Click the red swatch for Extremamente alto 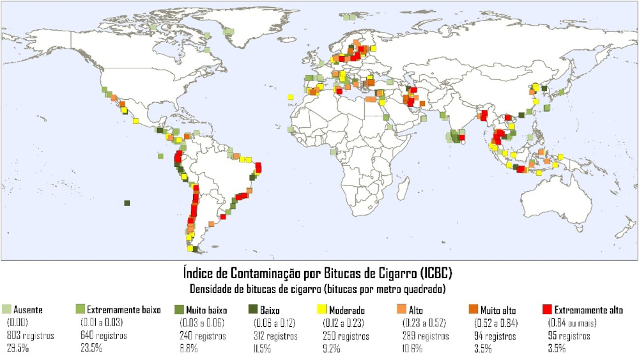(547, 310)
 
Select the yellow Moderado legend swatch (322, 310)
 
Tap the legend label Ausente (28, 310)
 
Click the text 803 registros (29, 336)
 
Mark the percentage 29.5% (17, 348)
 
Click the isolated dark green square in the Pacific (127, 203)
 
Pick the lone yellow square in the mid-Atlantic (291, 97)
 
